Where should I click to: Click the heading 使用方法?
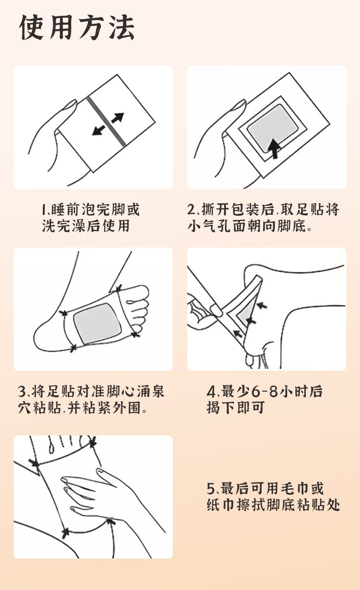coord(77,27)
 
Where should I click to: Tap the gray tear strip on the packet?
coord(107,121)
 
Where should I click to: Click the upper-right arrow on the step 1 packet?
coord(118,118)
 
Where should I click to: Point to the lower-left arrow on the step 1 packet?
coord(98,130)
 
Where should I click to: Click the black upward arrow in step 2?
coord(274,149)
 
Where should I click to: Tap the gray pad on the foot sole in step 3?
coord(98,324)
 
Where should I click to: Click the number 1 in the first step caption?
coord(44,209)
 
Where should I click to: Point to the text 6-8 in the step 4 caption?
coord(264,391)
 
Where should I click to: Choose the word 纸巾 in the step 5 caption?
coord(221,505)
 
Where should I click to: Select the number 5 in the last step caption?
coord(211,489)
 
